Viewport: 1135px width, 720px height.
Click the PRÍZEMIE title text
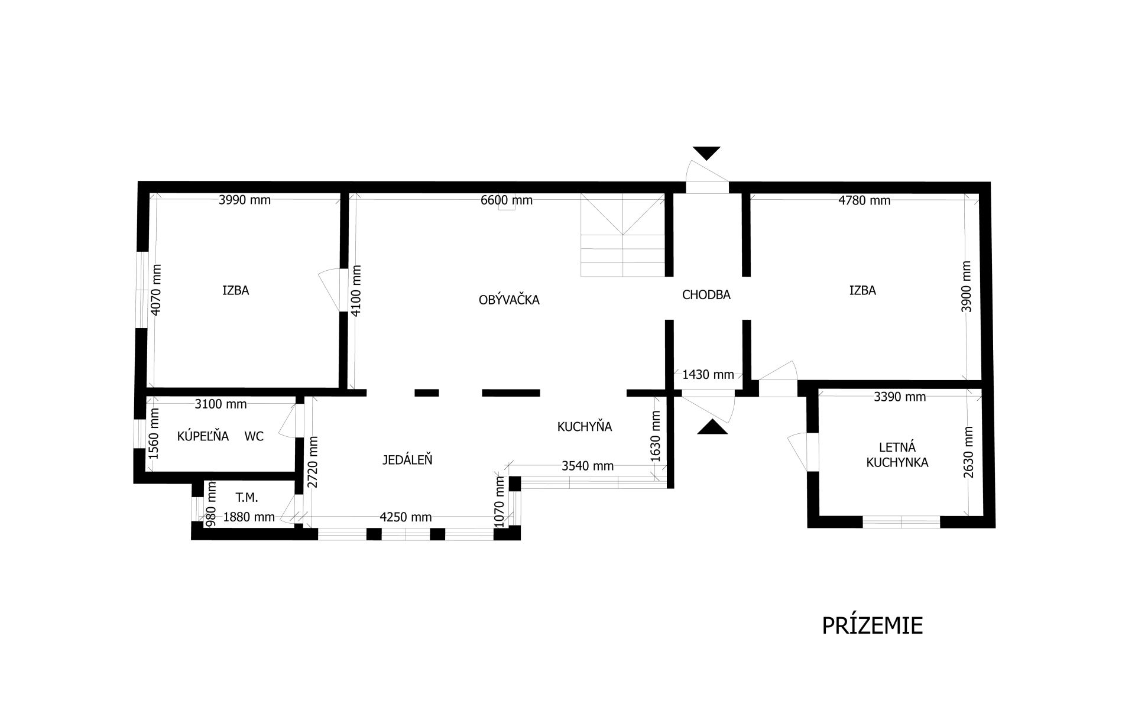click(872, 625)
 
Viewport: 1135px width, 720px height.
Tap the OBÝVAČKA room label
click(509, 300)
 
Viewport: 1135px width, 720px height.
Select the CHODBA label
click(706, 294)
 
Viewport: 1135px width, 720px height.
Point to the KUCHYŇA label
click(584, 426)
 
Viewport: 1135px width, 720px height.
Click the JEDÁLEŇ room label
click(407, 459)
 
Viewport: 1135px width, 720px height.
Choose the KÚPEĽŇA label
click(203, 436)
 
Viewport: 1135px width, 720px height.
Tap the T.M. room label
click(247, 498)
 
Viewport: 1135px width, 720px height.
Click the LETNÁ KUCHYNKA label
click(897, 455)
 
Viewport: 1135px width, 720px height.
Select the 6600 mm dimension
click(507, 200)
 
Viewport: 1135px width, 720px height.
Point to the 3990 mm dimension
click(245, 200)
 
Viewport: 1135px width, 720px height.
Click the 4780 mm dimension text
click(864, 200)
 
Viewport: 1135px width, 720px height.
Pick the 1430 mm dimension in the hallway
click(708, 374)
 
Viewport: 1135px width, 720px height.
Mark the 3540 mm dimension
click(588, 466)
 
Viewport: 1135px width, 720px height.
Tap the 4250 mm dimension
click(406, 517)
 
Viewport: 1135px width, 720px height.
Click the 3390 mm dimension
click(900, 397)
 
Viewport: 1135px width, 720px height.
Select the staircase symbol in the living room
click(623, 235)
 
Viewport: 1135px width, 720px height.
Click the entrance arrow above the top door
click(706, 153)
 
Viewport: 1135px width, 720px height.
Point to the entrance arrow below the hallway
click(712, 427)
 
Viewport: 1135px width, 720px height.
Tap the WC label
click(254, 436)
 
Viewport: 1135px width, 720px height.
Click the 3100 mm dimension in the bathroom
click(220, 404)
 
